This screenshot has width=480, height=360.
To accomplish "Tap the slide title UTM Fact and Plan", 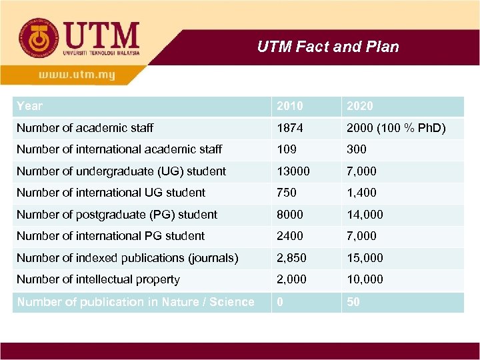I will (328, 47).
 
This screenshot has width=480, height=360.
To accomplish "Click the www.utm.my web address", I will (77, 75).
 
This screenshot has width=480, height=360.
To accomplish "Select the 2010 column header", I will (289, 106).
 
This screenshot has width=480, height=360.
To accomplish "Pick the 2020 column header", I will (360, 106).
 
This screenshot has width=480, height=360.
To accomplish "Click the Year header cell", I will (29, 106).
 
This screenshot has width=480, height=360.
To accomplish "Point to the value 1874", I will (289, 127).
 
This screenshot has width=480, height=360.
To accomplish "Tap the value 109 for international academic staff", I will (287, 149).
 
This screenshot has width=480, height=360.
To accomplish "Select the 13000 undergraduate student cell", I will (293, 171).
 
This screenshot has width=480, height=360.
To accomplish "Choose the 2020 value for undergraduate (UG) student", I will (361, 171).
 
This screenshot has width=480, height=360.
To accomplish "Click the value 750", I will (287, 193).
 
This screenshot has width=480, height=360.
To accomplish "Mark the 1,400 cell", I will (361, 193).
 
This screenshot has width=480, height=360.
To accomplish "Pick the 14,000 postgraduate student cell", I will (364, 215).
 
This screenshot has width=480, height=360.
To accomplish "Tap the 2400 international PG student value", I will (289, 236).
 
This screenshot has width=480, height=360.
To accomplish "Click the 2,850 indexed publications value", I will (291, 258).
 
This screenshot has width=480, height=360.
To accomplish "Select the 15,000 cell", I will (364, 258).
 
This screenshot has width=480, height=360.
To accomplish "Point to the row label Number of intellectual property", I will (98, 279).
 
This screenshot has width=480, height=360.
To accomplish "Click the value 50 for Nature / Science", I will (353, 302).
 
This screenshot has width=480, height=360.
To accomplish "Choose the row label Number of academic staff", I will (85, 127).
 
